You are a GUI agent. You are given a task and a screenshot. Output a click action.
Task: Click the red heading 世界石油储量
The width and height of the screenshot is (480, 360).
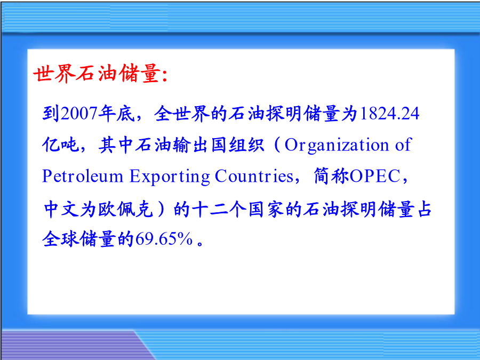pos(97,74)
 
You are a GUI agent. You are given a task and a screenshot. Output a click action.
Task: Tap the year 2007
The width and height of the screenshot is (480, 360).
pos(79,113)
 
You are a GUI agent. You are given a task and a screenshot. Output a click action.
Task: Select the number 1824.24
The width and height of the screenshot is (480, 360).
pos(389,113)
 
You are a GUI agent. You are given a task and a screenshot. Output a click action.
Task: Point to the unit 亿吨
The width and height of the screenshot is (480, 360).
pos(61,145)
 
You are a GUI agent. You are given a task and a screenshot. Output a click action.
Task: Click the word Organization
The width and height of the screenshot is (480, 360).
pos(337,145)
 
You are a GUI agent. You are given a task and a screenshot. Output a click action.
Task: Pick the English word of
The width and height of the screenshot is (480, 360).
pos(403,145)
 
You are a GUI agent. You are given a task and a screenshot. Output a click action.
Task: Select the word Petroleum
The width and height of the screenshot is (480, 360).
pos(82,176)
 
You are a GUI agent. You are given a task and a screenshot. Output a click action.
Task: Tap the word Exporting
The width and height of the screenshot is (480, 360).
pos(170,177)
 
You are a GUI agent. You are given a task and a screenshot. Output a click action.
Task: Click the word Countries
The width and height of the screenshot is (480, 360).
pos(254,176)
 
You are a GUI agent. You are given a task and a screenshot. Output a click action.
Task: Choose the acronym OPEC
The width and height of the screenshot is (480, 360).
pos(375,177)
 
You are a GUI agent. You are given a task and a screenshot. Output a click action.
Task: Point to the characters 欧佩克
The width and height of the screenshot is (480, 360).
pos(125,210)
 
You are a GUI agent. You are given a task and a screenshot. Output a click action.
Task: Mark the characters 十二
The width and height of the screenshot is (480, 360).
pos(210,210)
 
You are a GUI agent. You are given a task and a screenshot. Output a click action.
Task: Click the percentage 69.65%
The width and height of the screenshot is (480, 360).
pos(164,239)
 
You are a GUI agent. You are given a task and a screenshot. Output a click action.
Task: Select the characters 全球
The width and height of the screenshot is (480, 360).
pos(61,239)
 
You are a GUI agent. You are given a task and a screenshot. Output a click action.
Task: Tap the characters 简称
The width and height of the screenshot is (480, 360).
pos(332,176)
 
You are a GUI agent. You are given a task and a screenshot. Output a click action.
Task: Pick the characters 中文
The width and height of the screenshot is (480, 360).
pos(61,210)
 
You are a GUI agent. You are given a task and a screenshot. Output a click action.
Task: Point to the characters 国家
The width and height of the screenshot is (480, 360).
pos(266,210)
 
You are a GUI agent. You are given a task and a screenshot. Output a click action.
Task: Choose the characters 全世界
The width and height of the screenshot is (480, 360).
pos(181,113)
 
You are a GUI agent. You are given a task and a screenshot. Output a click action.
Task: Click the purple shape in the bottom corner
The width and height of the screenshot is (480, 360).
pos(70,345)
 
